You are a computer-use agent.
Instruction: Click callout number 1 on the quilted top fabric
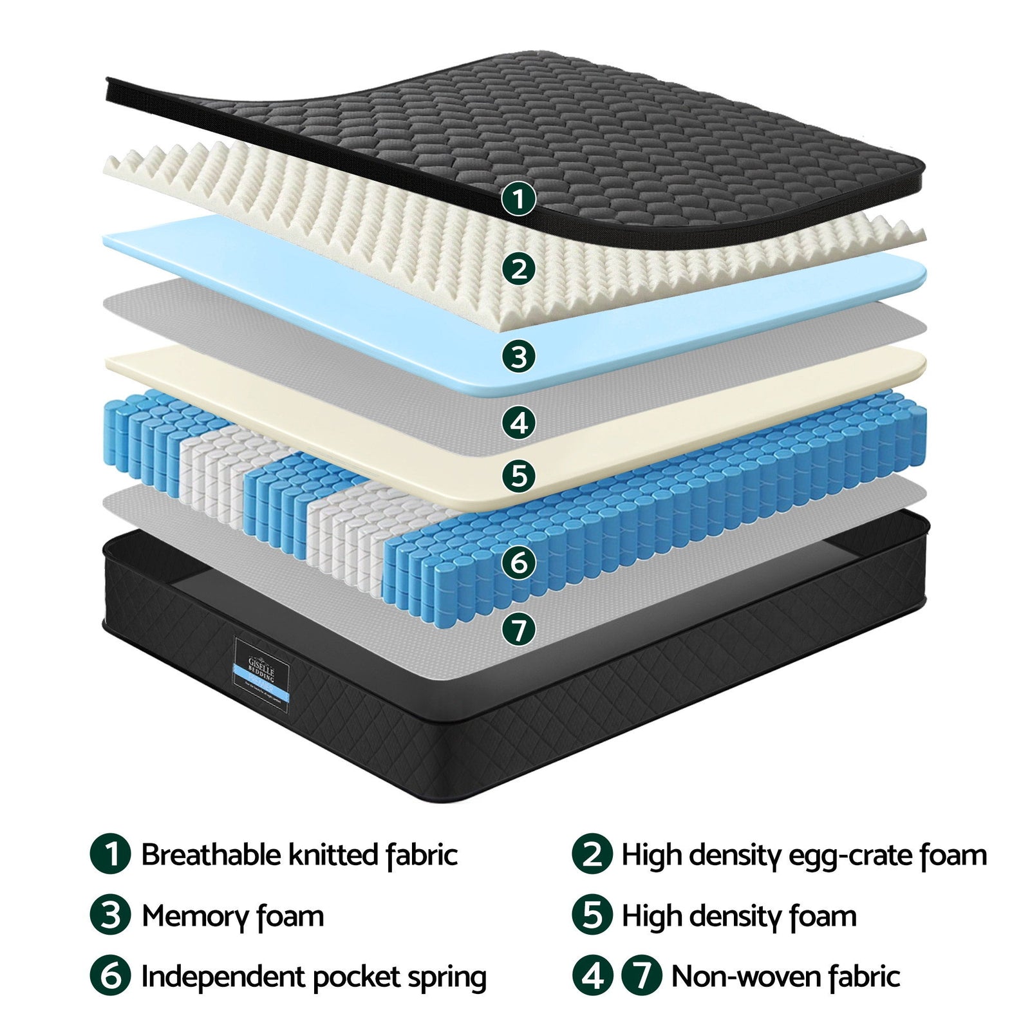coord(518,198)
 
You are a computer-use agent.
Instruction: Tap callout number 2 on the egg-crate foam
coord(518,268)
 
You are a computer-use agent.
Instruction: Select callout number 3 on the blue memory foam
coord(518,356)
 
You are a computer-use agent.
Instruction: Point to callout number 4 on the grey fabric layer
coord(518,423)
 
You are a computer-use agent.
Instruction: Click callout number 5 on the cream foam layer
coord(518,476)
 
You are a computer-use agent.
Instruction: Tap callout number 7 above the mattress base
coord(518,629)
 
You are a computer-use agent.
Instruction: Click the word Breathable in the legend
coord(211,856)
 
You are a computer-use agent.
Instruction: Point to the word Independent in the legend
coord(223,977)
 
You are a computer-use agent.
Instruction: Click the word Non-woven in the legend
coord(746,977)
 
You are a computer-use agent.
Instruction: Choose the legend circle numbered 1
coord(111,854)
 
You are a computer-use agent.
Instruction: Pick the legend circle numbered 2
coord(592,854)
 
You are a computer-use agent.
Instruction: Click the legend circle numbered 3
coord(111,915)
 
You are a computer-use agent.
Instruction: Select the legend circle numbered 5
coord(592,915)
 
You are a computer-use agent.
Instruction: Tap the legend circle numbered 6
coord(111,976)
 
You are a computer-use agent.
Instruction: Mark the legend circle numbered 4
coord(592,976)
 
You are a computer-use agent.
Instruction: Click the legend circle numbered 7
coord(641,976)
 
